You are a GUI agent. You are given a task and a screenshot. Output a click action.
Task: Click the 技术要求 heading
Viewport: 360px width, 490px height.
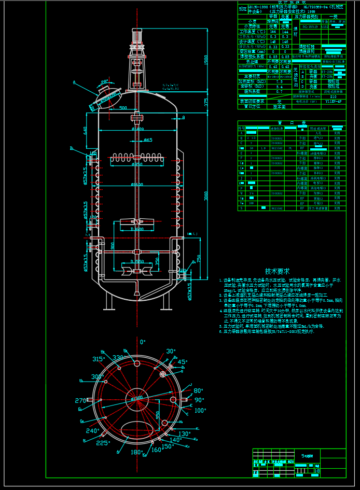[x=277, y=271]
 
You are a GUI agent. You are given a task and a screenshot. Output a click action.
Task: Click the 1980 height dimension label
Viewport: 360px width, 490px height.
[x=206, y=64]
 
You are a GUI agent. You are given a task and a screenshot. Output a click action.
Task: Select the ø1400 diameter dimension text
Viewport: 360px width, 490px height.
[x=137, y=129]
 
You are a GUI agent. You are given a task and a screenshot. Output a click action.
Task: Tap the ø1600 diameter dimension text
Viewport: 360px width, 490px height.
[x=137, y=185]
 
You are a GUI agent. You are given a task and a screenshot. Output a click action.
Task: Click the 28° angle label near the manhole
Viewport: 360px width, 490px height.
[x=105, y=82]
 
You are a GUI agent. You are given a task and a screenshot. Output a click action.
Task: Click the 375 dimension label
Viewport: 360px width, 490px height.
[x=206, y=103]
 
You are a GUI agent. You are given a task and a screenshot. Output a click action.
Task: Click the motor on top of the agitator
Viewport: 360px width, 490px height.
[x=138, y=35]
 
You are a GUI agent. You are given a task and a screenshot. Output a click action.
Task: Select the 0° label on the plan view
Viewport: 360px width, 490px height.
[x=143, y=342]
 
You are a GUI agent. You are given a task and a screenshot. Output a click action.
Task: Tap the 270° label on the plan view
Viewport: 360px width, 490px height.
[x=81, y=400]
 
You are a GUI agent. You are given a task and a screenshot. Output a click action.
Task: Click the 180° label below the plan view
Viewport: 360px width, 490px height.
[x=136, y=452]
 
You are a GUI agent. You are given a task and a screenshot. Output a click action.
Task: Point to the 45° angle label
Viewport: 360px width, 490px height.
[x=183, y=362]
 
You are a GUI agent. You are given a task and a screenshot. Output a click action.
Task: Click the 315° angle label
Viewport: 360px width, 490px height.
[x=99, y=359]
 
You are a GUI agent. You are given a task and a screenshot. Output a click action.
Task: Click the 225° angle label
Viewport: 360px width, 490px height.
[x=103, y=443]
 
